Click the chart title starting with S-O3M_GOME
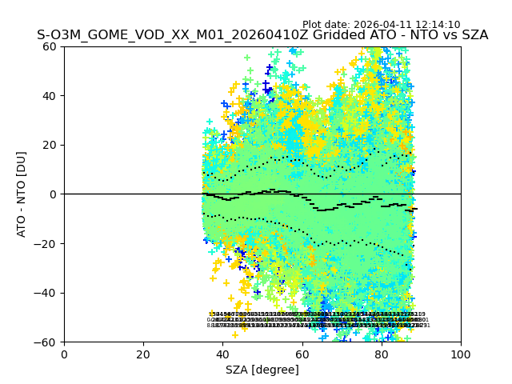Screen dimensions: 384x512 (x=262, y=36)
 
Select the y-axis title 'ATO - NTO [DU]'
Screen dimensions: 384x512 (x=22, y=194)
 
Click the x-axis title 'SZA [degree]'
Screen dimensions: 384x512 (x=262, y=370)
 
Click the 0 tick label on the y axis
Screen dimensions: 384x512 (x=54, y=194)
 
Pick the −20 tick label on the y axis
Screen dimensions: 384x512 (x=48, y=244)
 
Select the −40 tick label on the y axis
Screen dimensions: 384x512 (x=48, y=293)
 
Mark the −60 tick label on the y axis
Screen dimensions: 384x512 (x=48, y=342)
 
